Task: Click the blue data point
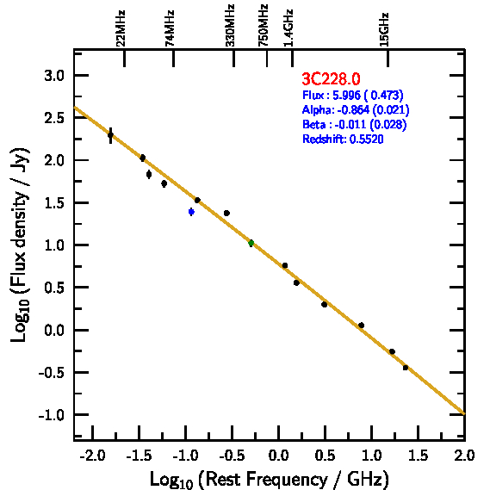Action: pyautogui.click(x=191, y=212)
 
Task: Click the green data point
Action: pyautogui.click(x=251, y=243)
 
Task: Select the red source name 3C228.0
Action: pyautogui.click(x=331, y=78)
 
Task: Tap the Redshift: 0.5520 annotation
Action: pyautogui.click(x=343, y=139)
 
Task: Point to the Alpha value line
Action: pyautogui.click(x=356, y=109)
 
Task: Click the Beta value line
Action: pyautogui.click(x=355, y=124)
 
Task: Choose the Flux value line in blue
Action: pyautogui.click(x=353, y=95)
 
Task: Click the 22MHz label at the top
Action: pyautogui.click(x=121, y=28)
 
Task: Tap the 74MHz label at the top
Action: pyautogui.click(x=170, y=28)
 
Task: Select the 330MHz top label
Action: pyautogui.click(x=230, y=26)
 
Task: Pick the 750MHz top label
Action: pyautogui.click(x=263, y=26)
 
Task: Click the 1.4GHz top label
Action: pyautogui.click(x=288, y=28)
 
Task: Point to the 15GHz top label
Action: pyautogui.click(x=384, y=29)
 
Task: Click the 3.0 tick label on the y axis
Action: pyautogui.click(x=54, y=76)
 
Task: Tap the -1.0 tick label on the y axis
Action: pyautogui.click(x=52, y=415)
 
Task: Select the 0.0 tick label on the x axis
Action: pyautogui.click(x=278, y=456)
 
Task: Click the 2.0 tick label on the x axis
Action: pyautogui.click(x=465, y=456)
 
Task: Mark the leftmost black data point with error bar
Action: pyautogui.click(x=110, y=135)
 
